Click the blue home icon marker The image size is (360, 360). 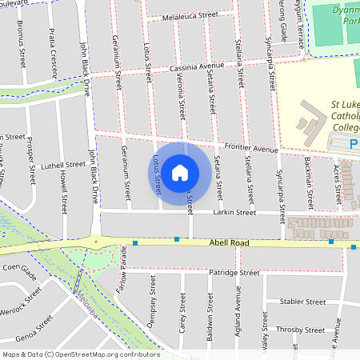click(180, 172)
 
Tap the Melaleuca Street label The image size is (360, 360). click(190, 15)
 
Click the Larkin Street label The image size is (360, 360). click(234, 213)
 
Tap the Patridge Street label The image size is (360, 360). click(234, 274)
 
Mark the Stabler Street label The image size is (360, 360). click(303, 302)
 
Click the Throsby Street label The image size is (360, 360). click(300, 329)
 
